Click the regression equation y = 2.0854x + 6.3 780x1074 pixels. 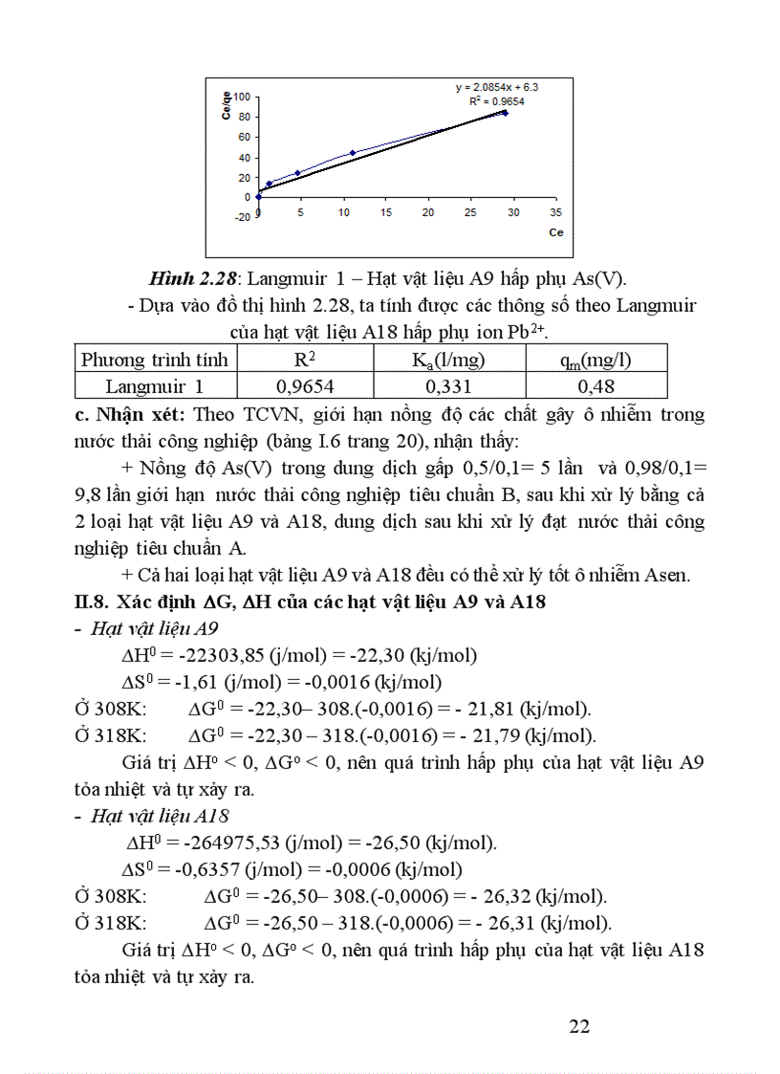coord(503,86)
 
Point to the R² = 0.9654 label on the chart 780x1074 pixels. coord(496,99)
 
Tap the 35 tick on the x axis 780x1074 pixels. coord(556,212)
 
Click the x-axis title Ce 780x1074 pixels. coord(555,232)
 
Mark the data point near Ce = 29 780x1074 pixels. coord(505,113)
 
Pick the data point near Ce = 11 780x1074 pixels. coord(352,153)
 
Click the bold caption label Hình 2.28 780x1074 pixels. coord(195,278)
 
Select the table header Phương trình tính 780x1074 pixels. coord(155,360)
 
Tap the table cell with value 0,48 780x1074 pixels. coord(596,386)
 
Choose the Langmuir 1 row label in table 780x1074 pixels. coord(155,386)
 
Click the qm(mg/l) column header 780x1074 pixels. coord(596,360)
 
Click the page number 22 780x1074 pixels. coord(578,1026)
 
